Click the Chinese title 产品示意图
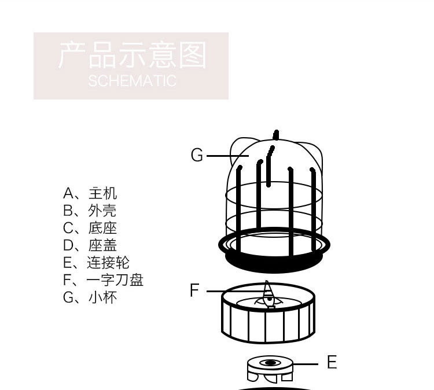[x=133, y=55]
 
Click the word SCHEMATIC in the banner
[x=133, y=81]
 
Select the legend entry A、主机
[x=90, y=193]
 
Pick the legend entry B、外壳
[x=89, y=211]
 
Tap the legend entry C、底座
[x=90, y=228]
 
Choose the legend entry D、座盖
[x=90, y=245]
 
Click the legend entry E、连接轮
[x=96, y=262]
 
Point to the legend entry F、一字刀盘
[x=103, y=280]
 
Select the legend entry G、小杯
[x=90, y=297]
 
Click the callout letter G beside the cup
[x=197, y=154]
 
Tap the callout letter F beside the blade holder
[x=194, y=290]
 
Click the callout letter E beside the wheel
[x=332, y=362]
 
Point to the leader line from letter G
[x=227, y=156]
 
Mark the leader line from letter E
[x=304, y=364]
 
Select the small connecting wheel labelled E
[x=270, y=369]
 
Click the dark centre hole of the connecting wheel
[x=269, y=363]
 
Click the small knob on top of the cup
[x=275, y=135]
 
